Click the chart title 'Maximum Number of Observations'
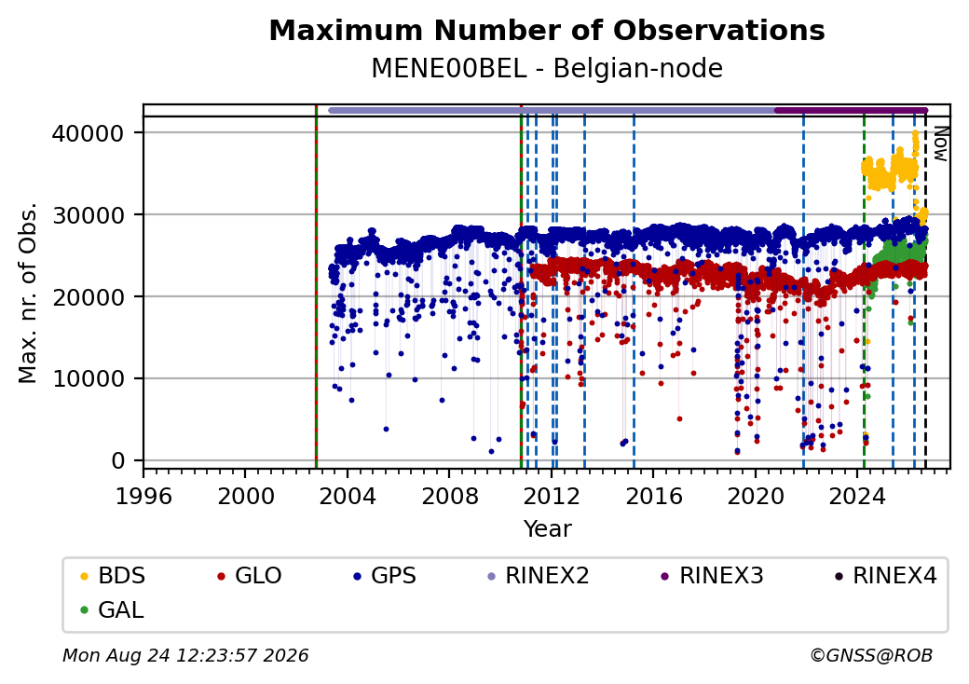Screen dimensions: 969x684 [547, 30]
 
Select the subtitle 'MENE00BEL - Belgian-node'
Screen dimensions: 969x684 [547, 68]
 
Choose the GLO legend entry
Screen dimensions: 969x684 [250, 576]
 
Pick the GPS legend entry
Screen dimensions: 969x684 [385, 576]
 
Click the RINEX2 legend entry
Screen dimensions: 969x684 [539, 576]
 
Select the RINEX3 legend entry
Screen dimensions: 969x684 [713, 576]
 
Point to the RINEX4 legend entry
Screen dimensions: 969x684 [886, 576]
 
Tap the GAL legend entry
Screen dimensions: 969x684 [113, 609]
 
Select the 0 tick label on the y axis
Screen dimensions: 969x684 [118, 461]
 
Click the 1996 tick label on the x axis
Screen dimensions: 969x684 [144, 496]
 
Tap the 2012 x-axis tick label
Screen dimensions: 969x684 [552, 496]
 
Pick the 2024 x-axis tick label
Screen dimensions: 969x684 [857, 496]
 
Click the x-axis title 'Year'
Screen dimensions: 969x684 [548, 529]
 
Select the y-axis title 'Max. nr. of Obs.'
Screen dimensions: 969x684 [28, 293]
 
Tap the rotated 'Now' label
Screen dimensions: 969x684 [940, 144]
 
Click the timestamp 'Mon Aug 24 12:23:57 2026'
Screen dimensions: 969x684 [186, 655]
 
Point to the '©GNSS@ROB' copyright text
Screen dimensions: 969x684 [871, 655]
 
